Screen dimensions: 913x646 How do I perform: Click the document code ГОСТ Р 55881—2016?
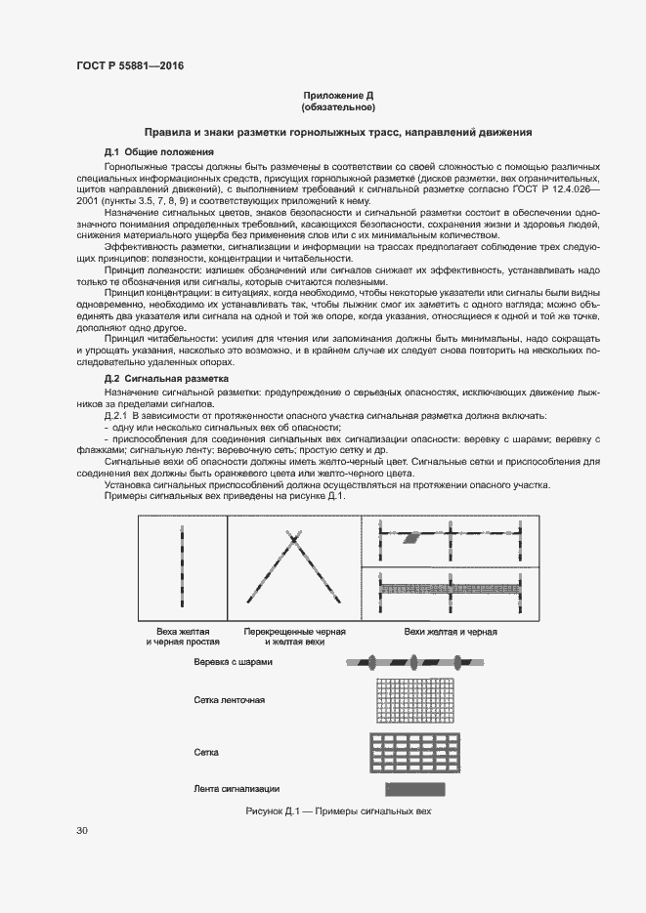coord(129,66)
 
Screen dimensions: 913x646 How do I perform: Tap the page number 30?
coord(82,831)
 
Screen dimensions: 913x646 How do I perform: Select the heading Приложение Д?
coord(338,96)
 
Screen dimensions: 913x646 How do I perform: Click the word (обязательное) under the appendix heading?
coord(338,106)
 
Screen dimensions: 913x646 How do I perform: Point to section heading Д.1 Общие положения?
coord(159,152)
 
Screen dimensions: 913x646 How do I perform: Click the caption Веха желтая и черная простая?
coord(183,637)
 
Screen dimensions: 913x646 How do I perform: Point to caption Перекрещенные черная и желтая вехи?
coord(295,637)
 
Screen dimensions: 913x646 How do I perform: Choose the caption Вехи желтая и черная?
coord(451,632)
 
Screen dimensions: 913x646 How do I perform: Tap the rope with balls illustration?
coord(413,662)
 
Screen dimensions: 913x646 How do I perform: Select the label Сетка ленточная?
coord(231,700)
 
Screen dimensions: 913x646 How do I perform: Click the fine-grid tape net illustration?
coord(416,700)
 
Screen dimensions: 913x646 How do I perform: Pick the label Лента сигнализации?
coord(237,788)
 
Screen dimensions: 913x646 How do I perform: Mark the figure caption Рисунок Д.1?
coord(338,811)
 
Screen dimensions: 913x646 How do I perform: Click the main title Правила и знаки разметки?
coord(338,131)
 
